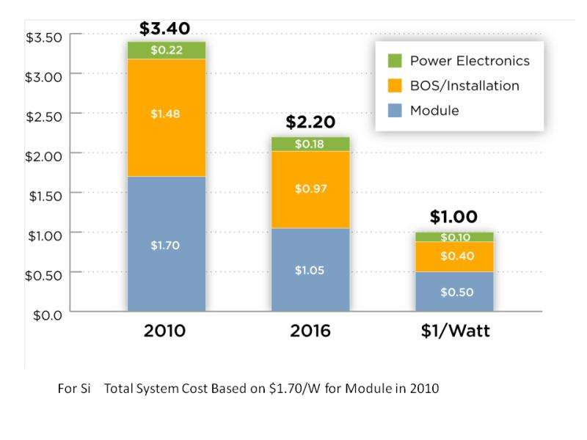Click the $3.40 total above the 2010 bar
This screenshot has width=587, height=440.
click(165, 29)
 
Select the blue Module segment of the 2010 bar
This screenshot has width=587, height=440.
click(166, 244)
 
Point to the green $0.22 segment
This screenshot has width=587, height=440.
click(166, 50)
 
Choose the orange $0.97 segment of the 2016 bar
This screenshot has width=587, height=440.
click(310, 189)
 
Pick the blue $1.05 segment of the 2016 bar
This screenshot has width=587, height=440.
click(310, 270)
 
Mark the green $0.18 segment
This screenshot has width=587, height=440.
click(310, 144)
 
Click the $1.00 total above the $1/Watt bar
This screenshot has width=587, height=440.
click(453, 217)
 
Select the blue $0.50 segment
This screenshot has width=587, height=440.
click(453, 292)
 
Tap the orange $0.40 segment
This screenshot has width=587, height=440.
click(453, 257)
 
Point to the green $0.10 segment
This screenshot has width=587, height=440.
click(453, 237)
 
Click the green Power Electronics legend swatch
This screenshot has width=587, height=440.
click(394, 61)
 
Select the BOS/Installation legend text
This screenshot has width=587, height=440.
click(464, 86)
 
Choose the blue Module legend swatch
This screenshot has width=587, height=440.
click(394, 111)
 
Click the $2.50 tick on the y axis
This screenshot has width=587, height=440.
click(43, 114)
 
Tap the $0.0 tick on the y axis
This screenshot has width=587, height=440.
click(48, 312)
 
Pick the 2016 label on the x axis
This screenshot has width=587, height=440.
click(310, 331)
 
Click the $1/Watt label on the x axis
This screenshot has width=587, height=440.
click(453, 331)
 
